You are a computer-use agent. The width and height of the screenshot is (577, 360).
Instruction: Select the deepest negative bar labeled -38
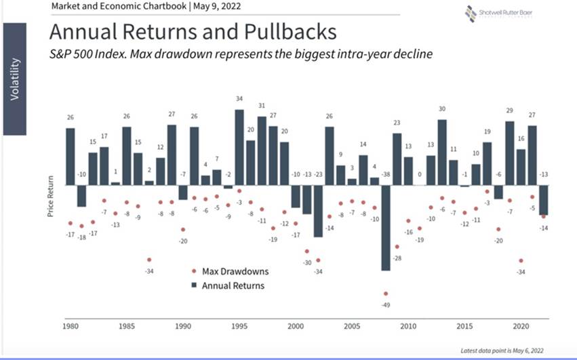coord(386,228)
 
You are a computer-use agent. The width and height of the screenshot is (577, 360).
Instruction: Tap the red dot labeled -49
coord(386,294)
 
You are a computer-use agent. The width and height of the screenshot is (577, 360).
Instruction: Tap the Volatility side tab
coord(16,79)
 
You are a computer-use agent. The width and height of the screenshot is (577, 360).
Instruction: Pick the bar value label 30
coord(442,108)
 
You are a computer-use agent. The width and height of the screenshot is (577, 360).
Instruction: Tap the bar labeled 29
coord(510,153)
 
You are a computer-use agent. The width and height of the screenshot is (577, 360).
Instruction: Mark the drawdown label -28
coord(397,258)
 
